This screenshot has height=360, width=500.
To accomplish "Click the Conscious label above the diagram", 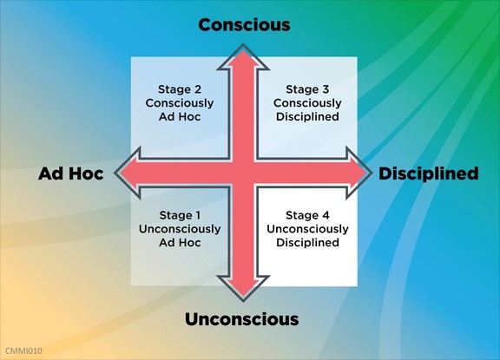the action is tap(244, 25).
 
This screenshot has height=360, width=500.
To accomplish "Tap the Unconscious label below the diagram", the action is tap(241, 319).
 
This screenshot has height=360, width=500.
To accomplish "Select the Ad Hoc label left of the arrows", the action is tap(71, 173).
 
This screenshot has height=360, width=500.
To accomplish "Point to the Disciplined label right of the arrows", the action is tap(428, 173).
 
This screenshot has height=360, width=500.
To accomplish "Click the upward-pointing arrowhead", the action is tap(243, 57).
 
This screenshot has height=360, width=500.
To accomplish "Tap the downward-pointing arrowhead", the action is tap(243, 288).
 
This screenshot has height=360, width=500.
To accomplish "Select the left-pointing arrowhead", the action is tap(128, 173).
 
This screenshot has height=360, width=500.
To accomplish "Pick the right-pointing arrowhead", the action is tap(359, 173).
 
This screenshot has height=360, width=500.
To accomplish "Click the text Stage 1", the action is tap(180, 215).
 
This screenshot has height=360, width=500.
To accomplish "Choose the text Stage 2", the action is tap(180, 89).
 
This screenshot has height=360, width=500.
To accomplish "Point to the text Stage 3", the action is tap(307, 89).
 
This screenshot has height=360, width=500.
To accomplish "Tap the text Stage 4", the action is tap(307, 215).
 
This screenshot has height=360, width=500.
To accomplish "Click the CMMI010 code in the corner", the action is tap(23, 351).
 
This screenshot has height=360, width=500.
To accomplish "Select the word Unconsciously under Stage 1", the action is tap(180, 229).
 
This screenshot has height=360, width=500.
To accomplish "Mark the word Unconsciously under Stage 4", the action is tap(307, 229).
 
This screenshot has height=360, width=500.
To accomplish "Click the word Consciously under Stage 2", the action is tap(180, 103).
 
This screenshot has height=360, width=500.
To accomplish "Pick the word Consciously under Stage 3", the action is tap(307, 103).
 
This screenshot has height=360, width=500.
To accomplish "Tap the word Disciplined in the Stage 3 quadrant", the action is tap(307, 116).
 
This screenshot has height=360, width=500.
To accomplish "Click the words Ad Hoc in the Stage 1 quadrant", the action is tap(180, 243).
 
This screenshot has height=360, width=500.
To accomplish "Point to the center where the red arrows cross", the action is tap(243, 173).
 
